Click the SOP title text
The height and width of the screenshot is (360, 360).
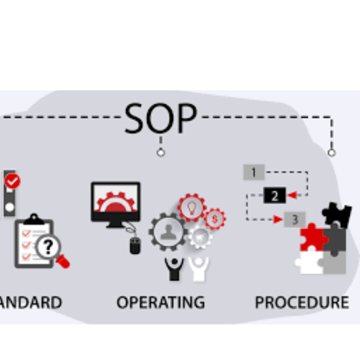[x=160, y=118]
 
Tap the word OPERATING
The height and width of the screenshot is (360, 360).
[x=160, y=301]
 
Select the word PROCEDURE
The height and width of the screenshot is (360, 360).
[x=302, y=301]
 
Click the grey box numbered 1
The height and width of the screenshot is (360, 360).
[x=254, y=173]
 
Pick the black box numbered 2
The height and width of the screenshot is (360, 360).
[x=274, y=196]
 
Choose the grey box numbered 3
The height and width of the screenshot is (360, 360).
[x=294, y=220]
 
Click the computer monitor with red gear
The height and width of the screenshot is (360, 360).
[x=116, y=202]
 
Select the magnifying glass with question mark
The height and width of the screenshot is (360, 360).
[x=49, y=247]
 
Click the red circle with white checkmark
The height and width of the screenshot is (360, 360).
[x=11, y=181]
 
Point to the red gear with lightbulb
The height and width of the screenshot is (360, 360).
[x=192, y=208]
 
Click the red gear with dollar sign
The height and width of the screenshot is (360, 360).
[x=214, y=218]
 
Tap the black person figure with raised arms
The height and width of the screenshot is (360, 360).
[x=173, y=269]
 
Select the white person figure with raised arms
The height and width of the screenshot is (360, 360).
[x=199, y=268]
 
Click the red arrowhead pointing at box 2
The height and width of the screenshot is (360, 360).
[x=291, y=195]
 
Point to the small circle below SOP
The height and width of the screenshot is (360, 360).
[x=161, y=152]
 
